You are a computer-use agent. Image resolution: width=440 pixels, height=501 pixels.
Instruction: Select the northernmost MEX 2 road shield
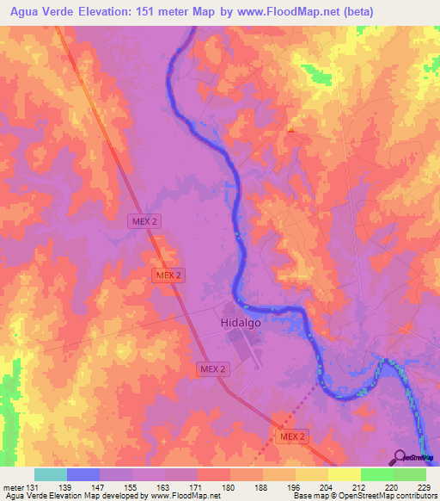coord(144,220)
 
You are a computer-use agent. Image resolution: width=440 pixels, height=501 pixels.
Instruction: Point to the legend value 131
coord(32,486)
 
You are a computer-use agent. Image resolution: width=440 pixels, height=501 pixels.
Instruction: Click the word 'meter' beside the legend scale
coord(12,486)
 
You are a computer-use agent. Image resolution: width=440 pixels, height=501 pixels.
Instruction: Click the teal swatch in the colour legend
coord(51,474)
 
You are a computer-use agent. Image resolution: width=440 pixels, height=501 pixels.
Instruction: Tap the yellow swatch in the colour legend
coord(344,474)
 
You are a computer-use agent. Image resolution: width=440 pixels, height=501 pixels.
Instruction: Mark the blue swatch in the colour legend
coord(83,474)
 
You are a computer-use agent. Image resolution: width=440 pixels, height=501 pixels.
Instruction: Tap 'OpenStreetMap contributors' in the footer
coord(385,496)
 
